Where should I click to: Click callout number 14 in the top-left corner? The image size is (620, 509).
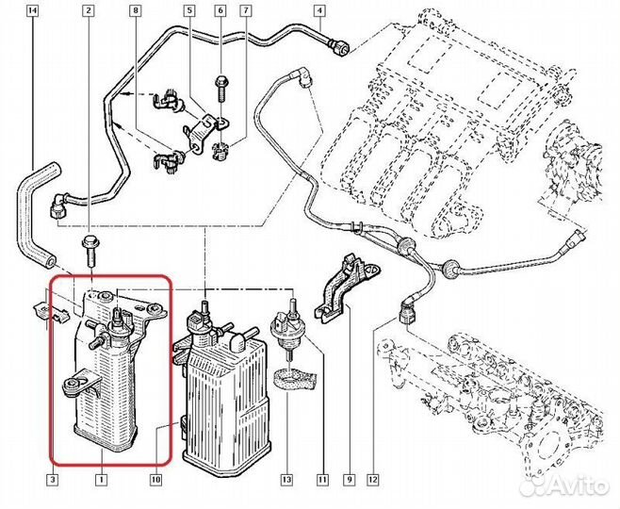pyautogui.click(x=34, y=12)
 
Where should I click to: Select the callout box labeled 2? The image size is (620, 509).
pyautogui.click(x=89, y=12)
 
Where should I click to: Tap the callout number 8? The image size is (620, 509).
pyautogui.click(x=136, y=12)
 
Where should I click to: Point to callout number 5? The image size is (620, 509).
pyautogui.click(x=189, y=12)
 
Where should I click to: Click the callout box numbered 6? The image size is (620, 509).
pyautogui.click(x=221, y=12)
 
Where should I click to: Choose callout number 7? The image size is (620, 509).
pyautogui.click(x=247, y=12)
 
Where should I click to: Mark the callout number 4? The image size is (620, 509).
pyautogui.click(x=319, y=12)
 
